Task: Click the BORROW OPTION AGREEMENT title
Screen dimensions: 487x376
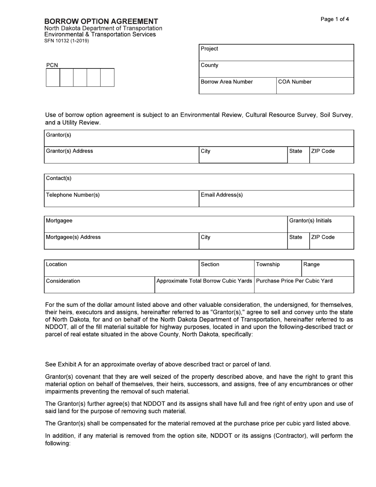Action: click(x=101, y=21)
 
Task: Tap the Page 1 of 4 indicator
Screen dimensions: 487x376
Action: click(x=334, y=19)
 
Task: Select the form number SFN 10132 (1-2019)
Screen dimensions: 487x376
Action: click(x=66, y=41)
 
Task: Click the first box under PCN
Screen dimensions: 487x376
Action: click(x=53, y=78)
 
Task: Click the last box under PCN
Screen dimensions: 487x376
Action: click(x=107, y=78)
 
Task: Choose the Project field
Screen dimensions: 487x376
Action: click(x=276, y=53)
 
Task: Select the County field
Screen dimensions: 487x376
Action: click(x=276, y=69)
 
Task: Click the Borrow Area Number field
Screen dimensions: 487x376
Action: click(x=237, y=86)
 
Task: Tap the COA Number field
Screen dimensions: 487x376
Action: click(x=315, y=86)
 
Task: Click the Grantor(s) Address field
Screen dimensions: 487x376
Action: click(x=121, y=155)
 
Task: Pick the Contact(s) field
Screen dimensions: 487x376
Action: click(x=199, y=183)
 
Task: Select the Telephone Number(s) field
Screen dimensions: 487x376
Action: click(x=121, y=199)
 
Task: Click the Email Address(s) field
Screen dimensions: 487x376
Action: click(x=276, y=199)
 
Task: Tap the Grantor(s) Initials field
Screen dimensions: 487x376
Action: click(x=320, y=224)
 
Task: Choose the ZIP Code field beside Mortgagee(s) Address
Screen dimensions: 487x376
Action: click(x=331, y=241)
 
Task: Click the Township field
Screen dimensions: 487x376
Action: click(x=277, y=268)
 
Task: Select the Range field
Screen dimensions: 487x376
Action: click(x=327, y=268)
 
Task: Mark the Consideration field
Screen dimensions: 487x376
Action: click(x=99, y=285)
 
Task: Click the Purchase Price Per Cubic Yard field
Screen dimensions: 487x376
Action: click(x=304, y=285)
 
